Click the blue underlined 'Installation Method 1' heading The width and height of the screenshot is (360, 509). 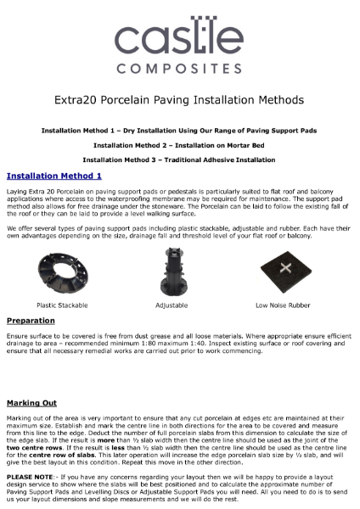tap(54, 176)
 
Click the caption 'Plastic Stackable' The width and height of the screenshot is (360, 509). tap(60, 305)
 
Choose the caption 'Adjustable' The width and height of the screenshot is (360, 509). tap(172, 305)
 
